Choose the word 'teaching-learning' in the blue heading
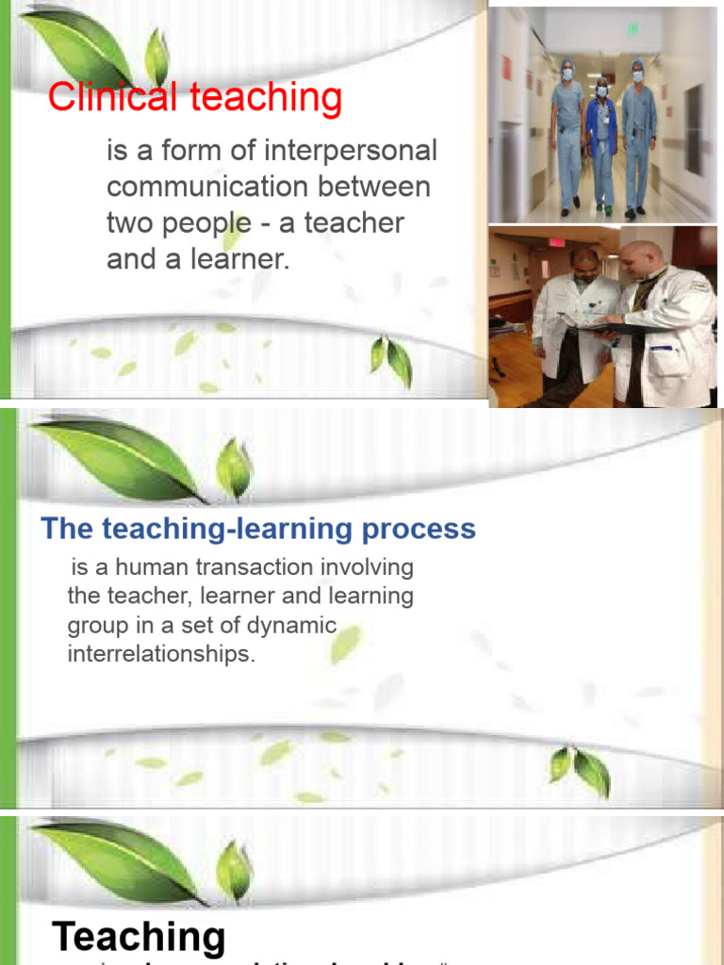[225, 529]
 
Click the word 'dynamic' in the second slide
[292, 625]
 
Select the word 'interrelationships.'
[161, 654]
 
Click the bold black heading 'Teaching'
[139, 937]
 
